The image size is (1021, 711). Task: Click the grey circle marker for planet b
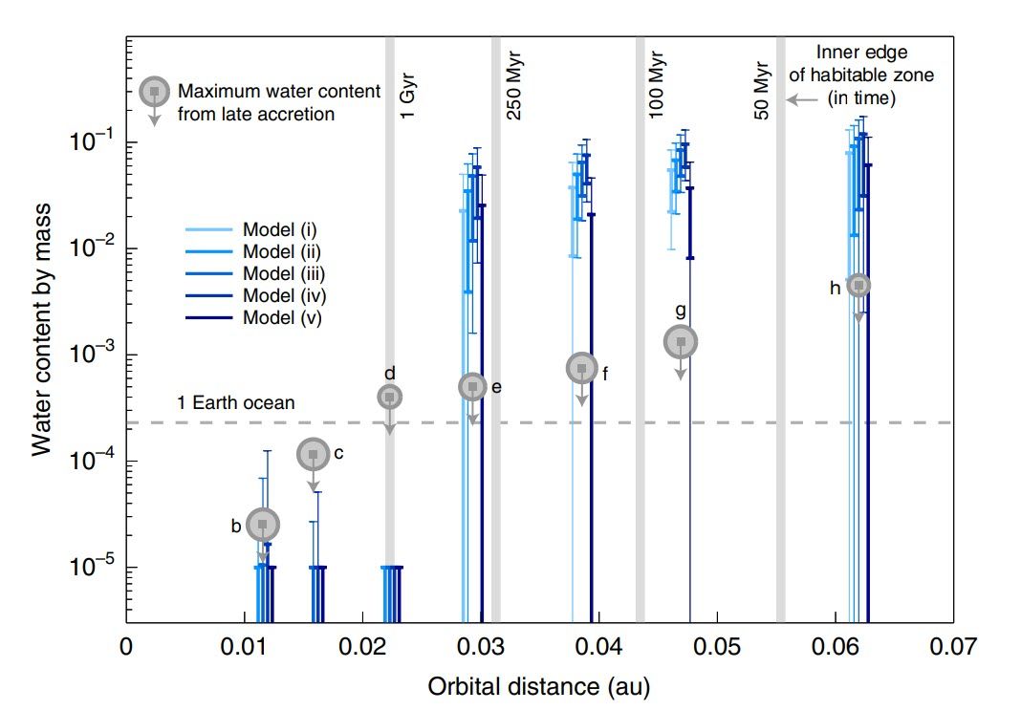point(263,524)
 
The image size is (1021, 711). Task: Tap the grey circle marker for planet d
point(389,397)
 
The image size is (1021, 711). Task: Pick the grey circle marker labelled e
point(472,386)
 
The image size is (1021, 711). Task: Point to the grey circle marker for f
point(581,367)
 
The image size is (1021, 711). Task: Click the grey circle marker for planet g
point(681,341)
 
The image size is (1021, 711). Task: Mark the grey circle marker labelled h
point(858,285)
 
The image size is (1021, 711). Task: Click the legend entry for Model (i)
point(280,229)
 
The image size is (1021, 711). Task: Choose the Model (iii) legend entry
point(284,274)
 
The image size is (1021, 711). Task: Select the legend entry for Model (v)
point(282,318)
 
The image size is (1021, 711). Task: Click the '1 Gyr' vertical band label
point(408,97)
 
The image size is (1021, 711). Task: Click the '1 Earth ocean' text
point(235,403)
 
